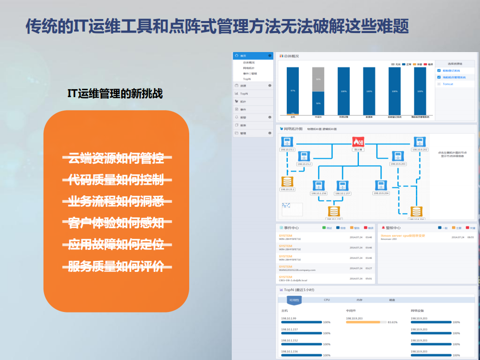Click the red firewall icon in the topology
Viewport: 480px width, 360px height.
click(x=358, y=142)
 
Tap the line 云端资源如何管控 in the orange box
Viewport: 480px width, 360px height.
click(x=116, y=159)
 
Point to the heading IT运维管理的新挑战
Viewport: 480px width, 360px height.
click(x=115, y=94)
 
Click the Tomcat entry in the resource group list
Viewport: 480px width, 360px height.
click(x=447, y=84)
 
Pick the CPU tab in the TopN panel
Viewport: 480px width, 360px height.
click(x=327, y=300)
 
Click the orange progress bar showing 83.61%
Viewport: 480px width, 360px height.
click(x=363, y=322)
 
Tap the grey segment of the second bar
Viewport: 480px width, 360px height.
click(x=318, y=79)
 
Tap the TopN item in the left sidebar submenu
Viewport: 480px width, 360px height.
click(x=247, y=79)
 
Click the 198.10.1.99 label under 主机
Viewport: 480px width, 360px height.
click(x=289, y=318)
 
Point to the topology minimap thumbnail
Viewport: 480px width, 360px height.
click(x=292, y=209)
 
